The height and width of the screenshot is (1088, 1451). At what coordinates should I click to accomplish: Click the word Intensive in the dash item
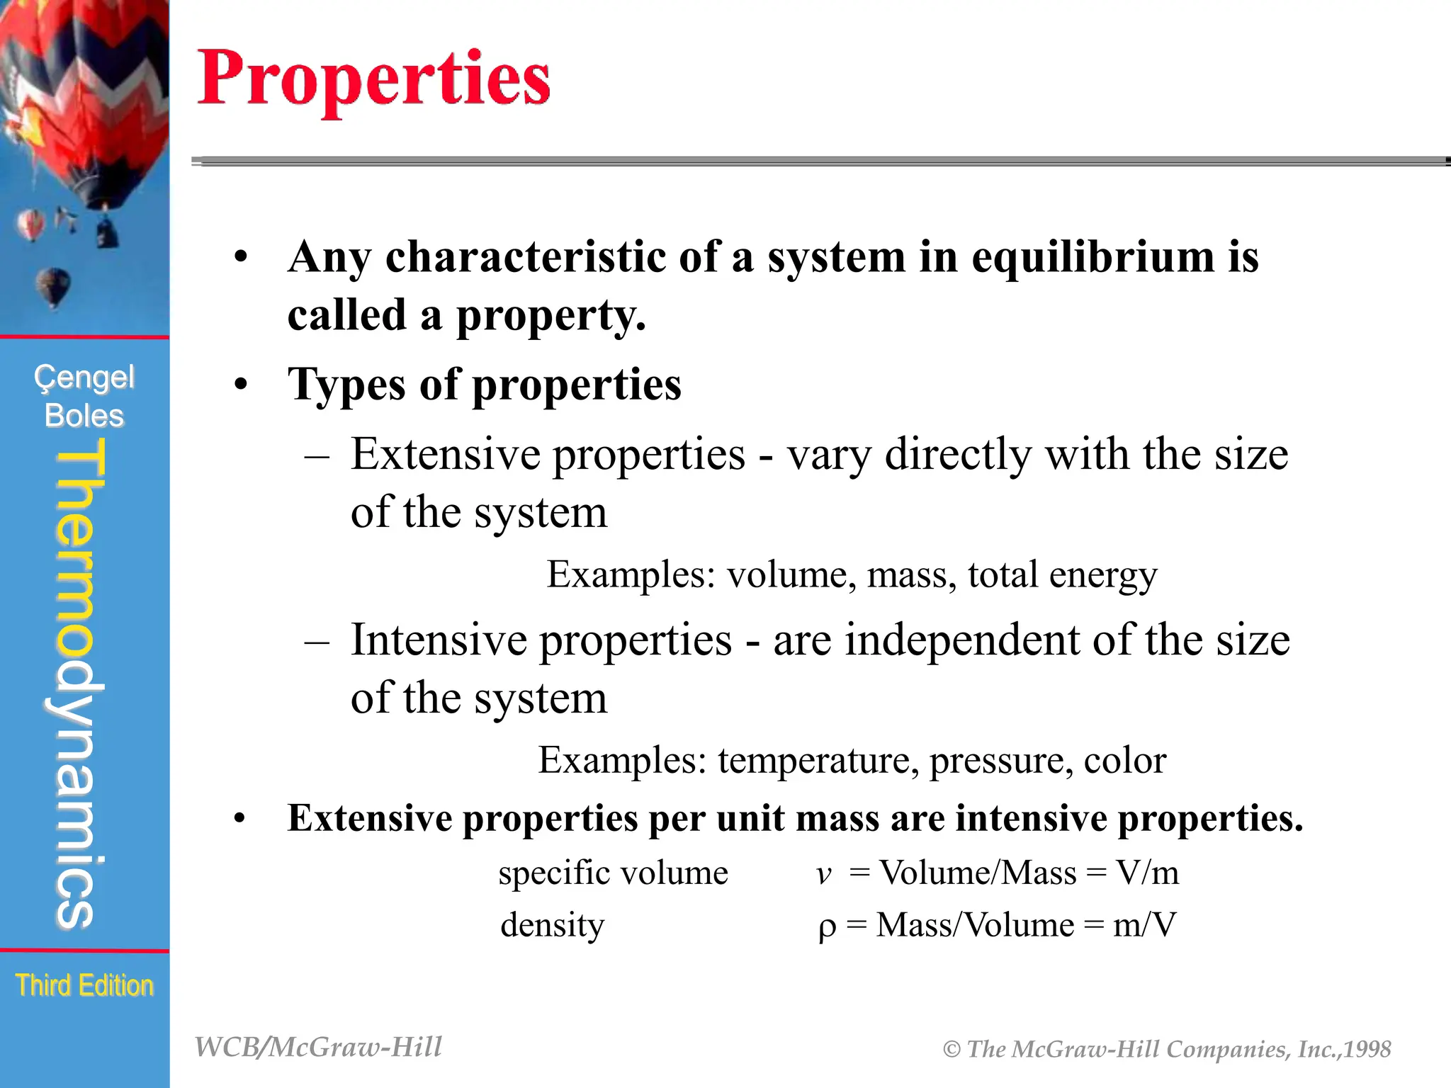439,640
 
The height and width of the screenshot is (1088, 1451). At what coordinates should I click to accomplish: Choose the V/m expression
1147,873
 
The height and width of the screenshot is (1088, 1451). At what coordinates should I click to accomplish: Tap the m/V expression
1144,925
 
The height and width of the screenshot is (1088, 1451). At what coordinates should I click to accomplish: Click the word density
552,925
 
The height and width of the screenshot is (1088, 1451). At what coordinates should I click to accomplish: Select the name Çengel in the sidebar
84,378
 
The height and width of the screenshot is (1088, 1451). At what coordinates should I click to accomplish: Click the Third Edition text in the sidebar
84,985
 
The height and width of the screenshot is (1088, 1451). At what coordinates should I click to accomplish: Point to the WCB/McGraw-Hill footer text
318,1047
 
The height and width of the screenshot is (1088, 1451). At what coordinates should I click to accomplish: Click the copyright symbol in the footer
952,1049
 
